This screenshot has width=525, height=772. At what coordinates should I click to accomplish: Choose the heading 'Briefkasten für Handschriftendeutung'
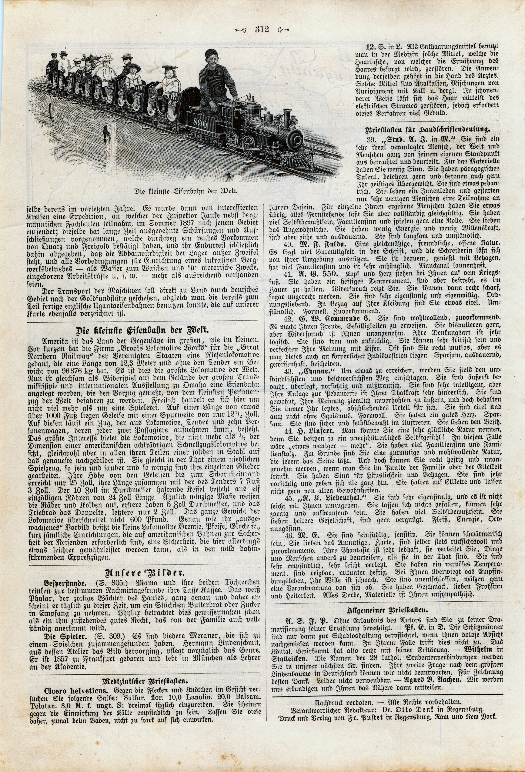[428, 130]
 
